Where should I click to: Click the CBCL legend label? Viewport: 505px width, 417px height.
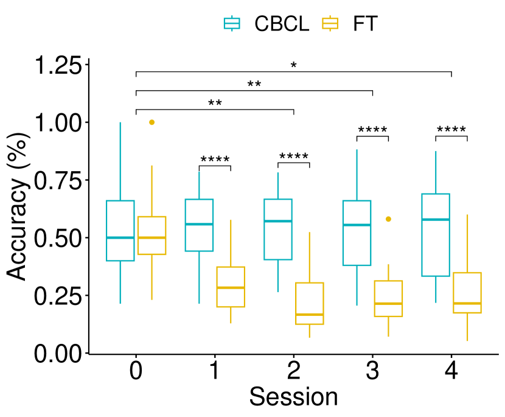282,24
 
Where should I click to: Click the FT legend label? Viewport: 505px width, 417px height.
365,24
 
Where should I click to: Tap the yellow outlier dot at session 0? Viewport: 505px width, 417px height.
152,122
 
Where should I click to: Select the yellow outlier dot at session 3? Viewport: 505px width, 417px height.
388,219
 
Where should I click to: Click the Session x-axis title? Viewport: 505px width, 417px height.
293,397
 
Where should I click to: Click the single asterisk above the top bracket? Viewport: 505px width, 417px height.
294,65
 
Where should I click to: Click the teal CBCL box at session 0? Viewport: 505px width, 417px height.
120,230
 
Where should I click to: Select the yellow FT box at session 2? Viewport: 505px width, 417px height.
310,303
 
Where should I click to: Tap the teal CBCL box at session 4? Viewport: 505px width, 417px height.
436,235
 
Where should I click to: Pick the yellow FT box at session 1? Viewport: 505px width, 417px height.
231,287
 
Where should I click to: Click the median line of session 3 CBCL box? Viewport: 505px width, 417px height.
357,225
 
